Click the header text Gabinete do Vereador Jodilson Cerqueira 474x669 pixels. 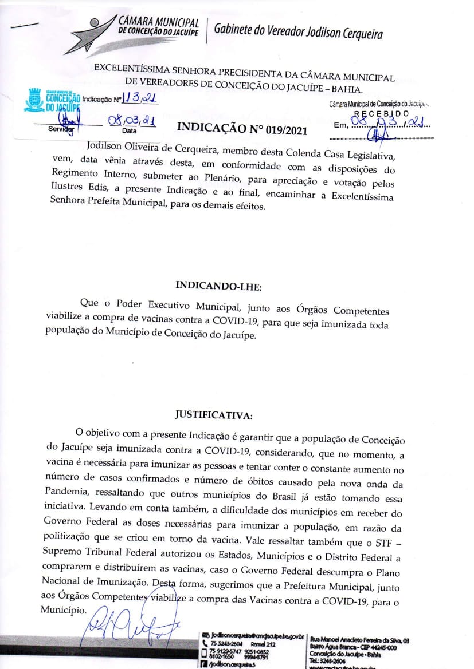point(298,33)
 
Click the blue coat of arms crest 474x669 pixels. point(35,98)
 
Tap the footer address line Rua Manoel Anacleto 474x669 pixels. point(359,639)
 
